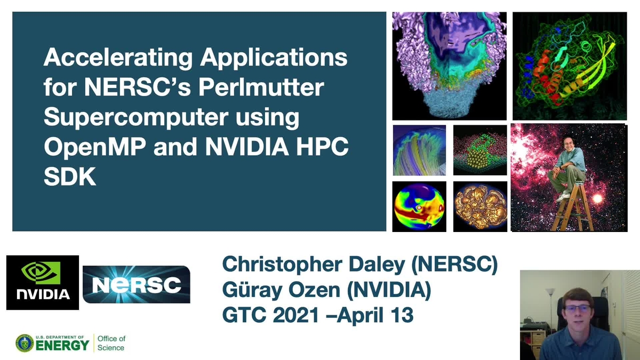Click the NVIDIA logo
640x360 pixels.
43,282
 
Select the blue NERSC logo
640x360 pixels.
137,284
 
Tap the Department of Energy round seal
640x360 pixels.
25,343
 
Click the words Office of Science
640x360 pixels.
111,343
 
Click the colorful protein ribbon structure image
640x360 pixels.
570,66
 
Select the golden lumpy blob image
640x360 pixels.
480,206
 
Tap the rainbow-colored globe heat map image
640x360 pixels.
419,206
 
